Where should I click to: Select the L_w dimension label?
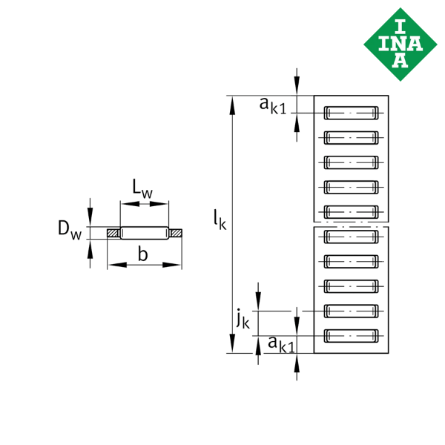[x=142, y=188]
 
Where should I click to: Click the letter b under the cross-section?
[x=143, y=254]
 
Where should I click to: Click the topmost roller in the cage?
[x=352, y=113]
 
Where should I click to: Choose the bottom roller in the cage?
[x=352, y=336]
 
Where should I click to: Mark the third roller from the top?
[x=352, y=162]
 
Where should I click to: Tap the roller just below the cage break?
[x=352, y=237]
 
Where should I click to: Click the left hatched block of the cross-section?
[x=113, y=234]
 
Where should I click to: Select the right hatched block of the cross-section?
[x=176, y=234]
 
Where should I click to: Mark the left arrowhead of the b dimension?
[x=113, y=263]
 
